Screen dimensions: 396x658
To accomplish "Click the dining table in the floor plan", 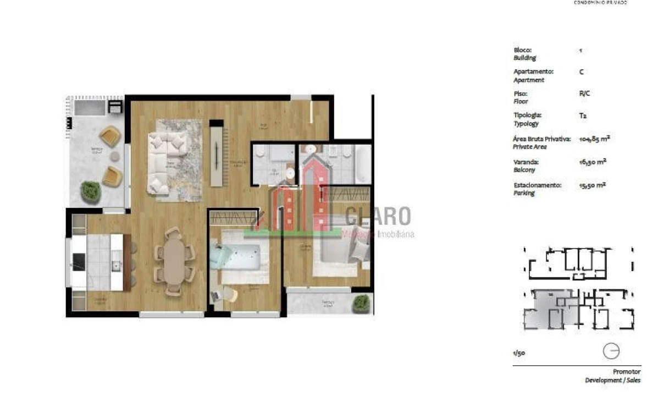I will pyautogui.click(x=175, y=261).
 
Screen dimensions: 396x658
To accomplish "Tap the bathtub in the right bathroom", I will pyautogui.click(x=363, y=163).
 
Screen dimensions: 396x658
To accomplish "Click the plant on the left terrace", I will pyautogui.click(x=91, y=191).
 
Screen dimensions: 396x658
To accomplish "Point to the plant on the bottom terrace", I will pyautogui.click(x=361, y=302).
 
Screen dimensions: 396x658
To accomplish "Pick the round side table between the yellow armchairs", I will pyautogui.click(x=114, y=156).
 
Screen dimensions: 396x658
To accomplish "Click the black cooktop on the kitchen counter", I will pyautogui.click(x=79, y=262).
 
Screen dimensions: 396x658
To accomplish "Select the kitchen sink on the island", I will pyautogui.click(x=117, y=266).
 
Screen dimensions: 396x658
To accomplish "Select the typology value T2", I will pyautogui.click(x=583, y=116).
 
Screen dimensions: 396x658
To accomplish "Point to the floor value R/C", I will pyautogui.click(x=584, y=94).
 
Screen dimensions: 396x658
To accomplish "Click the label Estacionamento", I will pyautogui.click(x=537, y=185).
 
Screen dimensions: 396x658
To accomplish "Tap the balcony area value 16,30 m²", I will pyautogui.click(x=593, y=162).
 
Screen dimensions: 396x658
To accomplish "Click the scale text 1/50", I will pyautogui.click(x=518, y=353).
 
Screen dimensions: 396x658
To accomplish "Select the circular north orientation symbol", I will pyautogui.click(x=611, y=350).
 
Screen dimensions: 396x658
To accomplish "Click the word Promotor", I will pyautogui.click(x=627, y=372).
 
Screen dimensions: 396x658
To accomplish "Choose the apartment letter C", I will pyautogui.click(x=582, y=72).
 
